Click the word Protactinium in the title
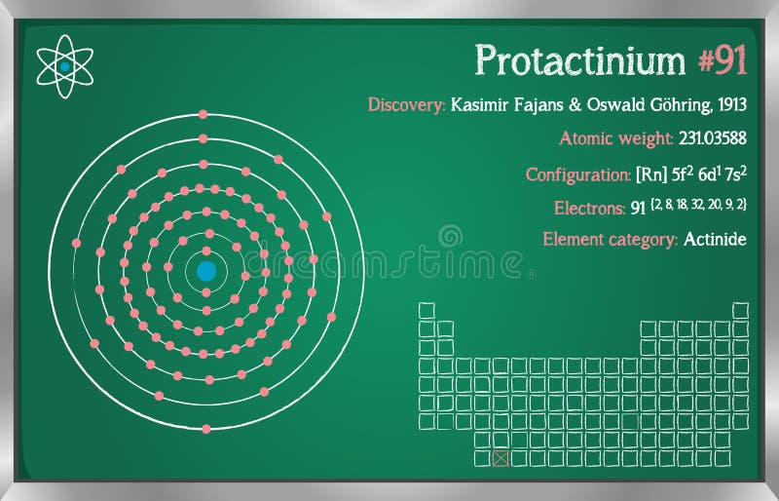click(580, 60)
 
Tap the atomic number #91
click(723, 60)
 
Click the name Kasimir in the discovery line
click(483, 105)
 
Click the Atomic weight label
click(615, 138)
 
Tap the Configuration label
click(578, 174)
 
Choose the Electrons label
click(589, 208)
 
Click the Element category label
click(610, 239)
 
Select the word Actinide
click(715, 239)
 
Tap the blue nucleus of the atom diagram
click(206, 271)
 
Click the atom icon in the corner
click(64, 65)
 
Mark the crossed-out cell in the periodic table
click(501, 457)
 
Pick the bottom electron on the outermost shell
click(204, 427)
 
